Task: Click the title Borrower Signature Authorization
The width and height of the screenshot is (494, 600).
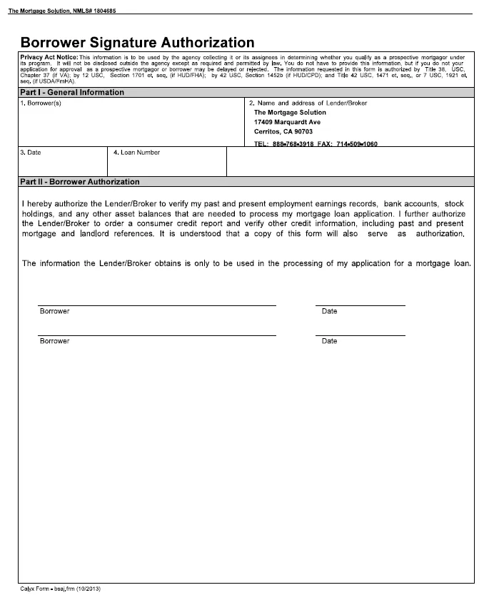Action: click(x=137, y=42)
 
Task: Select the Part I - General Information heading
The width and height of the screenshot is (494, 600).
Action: click(x=71, y=92)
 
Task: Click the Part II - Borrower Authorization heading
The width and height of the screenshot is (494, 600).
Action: click(x=80, y=182)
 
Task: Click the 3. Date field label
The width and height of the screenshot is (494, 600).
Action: click(x=30, y=152)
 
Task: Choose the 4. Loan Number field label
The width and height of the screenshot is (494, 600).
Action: click(x=136, y=152)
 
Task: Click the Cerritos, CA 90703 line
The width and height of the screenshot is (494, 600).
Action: click(x=283, y=131)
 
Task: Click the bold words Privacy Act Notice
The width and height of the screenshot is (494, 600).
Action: click(x=49, y=57)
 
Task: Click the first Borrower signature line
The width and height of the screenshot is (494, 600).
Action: click(x=156, y=305)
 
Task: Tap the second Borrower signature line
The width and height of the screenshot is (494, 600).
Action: click(x=156, y=335)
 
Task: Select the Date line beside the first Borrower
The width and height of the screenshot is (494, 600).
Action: click(x=360, y=305)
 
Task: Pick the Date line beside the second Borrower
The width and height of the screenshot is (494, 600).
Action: click(x=360, y=335)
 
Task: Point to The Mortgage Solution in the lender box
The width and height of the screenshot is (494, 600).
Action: click(x=290, y=113)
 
